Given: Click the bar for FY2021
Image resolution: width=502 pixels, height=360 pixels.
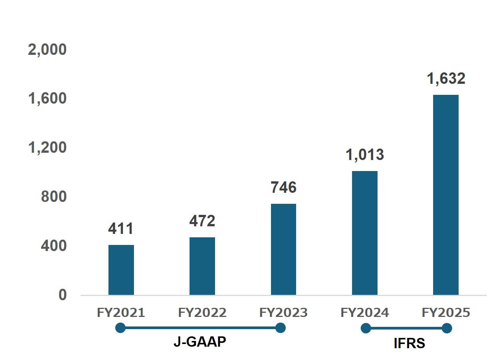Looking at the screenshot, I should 121,270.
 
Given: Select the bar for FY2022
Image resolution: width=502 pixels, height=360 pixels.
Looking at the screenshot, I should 202,266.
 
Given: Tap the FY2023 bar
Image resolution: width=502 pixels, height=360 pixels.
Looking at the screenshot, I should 284,249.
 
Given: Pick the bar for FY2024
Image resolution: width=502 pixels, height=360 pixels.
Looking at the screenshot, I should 365,233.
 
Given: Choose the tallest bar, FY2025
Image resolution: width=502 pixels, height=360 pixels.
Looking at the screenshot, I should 446,195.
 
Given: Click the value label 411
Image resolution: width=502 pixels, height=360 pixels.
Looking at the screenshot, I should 121,229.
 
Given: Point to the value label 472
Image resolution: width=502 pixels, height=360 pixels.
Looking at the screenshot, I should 202,221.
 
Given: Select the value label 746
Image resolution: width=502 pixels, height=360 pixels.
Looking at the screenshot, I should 284,187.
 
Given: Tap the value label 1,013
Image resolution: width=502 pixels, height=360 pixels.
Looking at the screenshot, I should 365,155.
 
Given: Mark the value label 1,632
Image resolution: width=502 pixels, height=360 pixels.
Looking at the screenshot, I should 446,78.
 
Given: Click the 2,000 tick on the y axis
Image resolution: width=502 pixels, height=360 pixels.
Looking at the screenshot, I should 47,50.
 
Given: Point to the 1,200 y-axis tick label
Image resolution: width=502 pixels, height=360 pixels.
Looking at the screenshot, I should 47,147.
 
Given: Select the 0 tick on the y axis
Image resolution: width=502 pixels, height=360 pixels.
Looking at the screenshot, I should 62,295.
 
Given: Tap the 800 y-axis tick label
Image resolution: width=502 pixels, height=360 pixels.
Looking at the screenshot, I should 54,197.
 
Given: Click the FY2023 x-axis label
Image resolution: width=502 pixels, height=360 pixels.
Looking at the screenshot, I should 284,313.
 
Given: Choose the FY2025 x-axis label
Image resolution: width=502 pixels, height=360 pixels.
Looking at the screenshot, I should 446,313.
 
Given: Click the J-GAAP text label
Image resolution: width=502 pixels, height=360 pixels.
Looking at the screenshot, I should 200,342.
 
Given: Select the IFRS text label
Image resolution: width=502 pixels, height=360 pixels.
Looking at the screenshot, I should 409,344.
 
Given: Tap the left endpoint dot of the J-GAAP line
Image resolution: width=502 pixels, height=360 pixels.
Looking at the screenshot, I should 120,328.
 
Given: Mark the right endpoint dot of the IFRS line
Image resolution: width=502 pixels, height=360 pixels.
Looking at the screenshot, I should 447,328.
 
